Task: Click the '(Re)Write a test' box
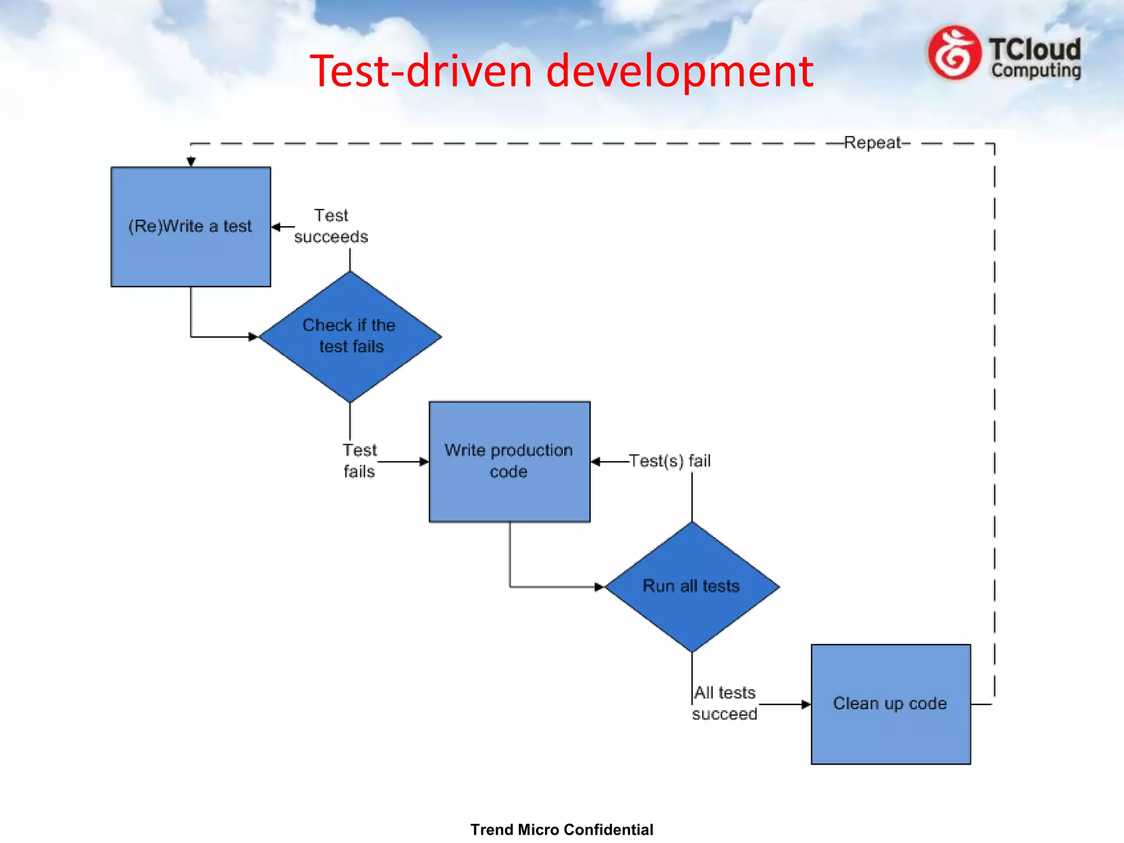[x=190, y=227]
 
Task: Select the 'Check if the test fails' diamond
[x=350, y=336]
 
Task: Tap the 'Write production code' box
[x=509, y=461]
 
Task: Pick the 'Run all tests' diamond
[x=692, y=586]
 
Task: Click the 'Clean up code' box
[x=890, y=704]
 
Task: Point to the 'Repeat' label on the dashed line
[x=873, y=143]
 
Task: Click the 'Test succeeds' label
[x=331, y=226]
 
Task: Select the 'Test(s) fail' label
[x=670, y=460]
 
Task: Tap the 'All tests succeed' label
[x=724, y=703]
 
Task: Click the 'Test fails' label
[x=359, y=461]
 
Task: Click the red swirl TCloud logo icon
[x=954, y=53]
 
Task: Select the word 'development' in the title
[x=679, y=71]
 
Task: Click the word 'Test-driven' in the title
[x=421, y=71]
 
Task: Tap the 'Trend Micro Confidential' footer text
[x=561, y=829]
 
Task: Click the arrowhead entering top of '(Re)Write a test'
[x=191, y=161]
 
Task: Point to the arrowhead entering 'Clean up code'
[x=806, y=704]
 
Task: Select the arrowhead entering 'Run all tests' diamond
[x=599, y=587]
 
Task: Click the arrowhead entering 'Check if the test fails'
[x=253, y=336]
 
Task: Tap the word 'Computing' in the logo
[x=1036, y=70]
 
